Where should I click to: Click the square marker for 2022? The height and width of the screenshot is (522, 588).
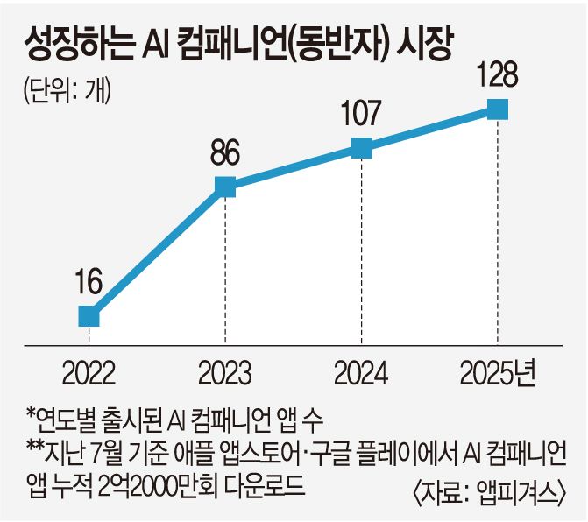[x=88, y=315]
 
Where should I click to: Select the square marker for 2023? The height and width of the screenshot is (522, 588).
[x=225, y=186]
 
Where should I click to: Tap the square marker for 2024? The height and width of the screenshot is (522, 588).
[x=361, y=148]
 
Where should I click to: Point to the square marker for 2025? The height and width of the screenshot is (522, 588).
[x=497, y=109]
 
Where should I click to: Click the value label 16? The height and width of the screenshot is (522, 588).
[x=88, y=283]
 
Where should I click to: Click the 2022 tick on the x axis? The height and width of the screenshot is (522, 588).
[x=88, y=374]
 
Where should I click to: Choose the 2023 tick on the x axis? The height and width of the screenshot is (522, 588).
[x=225, y=374]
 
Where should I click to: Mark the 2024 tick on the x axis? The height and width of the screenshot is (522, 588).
[x=361, y=374]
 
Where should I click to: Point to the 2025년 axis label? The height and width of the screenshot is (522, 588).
[x=498, y=374]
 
